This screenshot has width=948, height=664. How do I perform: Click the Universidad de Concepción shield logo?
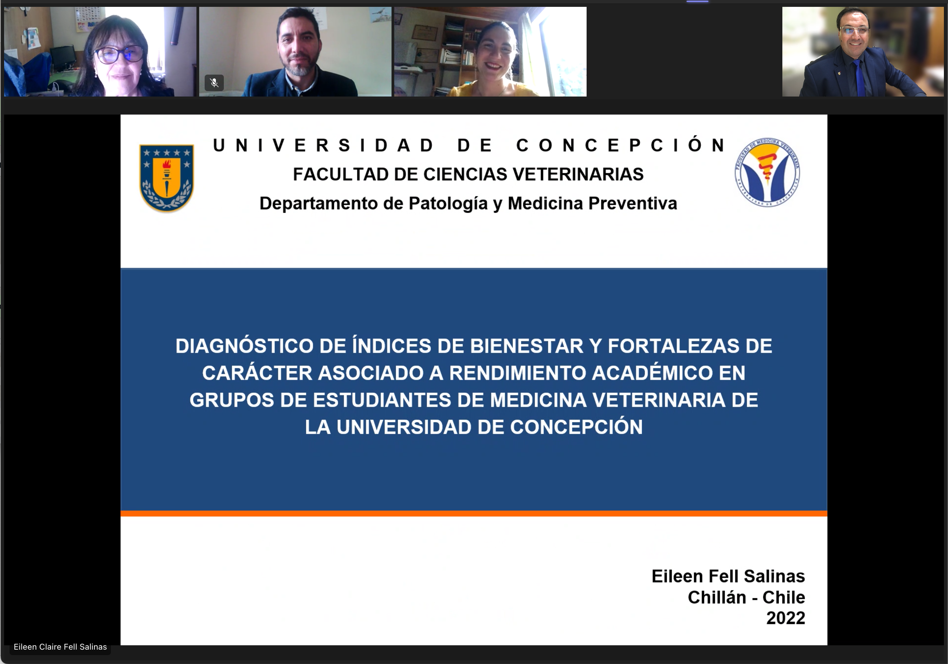coord(166,178)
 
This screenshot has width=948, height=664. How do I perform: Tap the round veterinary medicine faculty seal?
coord(767,172)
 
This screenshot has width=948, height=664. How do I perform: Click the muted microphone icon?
coord(214,83)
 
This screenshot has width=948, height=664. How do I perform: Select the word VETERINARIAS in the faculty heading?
coord(578,174)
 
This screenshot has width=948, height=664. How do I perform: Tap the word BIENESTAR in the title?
coord(527,346)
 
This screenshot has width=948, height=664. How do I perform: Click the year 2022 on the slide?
coord(785,618)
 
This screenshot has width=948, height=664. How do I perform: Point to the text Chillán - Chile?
coord(746,597)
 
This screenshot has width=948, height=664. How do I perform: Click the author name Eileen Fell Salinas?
coord(728,576)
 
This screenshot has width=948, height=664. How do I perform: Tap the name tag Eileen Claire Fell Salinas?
coord(60,647)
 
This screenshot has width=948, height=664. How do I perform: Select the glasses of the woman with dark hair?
coord(118,54)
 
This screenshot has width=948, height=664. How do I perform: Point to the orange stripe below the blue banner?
coord(474,513)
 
